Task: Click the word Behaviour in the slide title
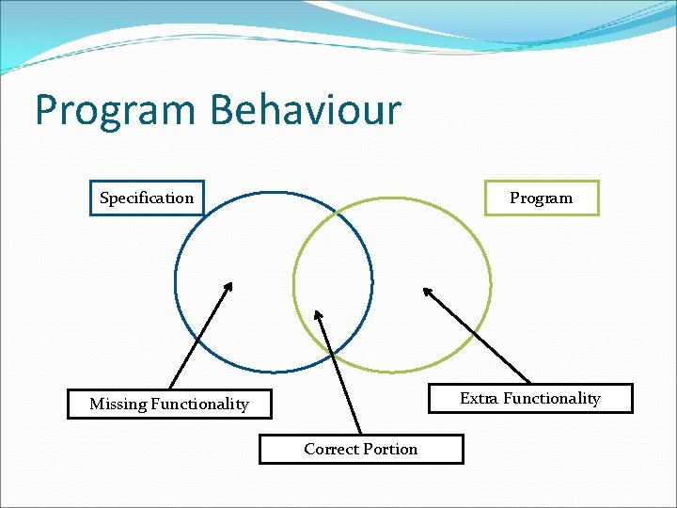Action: (306, 110)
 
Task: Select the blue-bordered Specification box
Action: (147, 198)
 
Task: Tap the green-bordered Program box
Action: (541, 198)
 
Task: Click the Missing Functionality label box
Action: (169, 404)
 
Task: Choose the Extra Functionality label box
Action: (530, 398)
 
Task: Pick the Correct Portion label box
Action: (361, 449)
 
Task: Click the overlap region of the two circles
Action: (334, 282)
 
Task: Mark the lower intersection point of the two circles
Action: (334, 355)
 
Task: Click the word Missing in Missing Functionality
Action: (118, 404)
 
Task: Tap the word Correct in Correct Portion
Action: (331, 449)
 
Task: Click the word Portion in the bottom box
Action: (390, 449)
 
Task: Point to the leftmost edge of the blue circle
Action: (176, 282)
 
